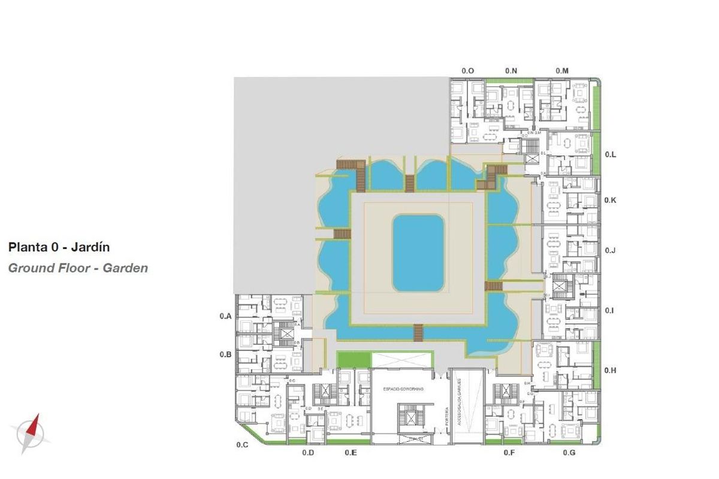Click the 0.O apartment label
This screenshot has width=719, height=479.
click(x=468, y=71)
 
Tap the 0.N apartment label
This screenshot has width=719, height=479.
click(x=511, y=71)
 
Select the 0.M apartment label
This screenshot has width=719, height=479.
click(x=562, y=71)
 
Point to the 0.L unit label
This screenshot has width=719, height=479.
click(x=611, y=154)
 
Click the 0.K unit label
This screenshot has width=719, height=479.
click(x=611, y=200)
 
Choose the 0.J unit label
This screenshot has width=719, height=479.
click(x=611, y=250)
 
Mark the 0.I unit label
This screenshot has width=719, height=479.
click(x=610, y=311)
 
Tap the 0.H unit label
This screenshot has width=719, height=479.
click(x=611, y=371)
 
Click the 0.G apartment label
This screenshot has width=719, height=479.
click(x=569, y=453)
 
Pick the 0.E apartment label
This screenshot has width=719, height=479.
click(x=351, y=453)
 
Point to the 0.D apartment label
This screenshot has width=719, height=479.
click(x=308, y=453)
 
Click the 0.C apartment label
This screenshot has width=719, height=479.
click(x=242, y=445)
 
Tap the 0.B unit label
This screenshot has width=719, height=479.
click(x=225, y=354)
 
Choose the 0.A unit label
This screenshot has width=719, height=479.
click(x=225, y=316)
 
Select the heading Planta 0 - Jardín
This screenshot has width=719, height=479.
click(x=59, y=247)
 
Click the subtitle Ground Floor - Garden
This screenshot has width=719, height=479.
click(x=78, y=268)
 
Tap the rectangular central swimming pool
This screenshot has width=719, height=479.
click(x=418, y=253)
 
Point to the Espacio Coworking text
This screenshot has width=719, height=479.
click(x=403, y=389)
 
